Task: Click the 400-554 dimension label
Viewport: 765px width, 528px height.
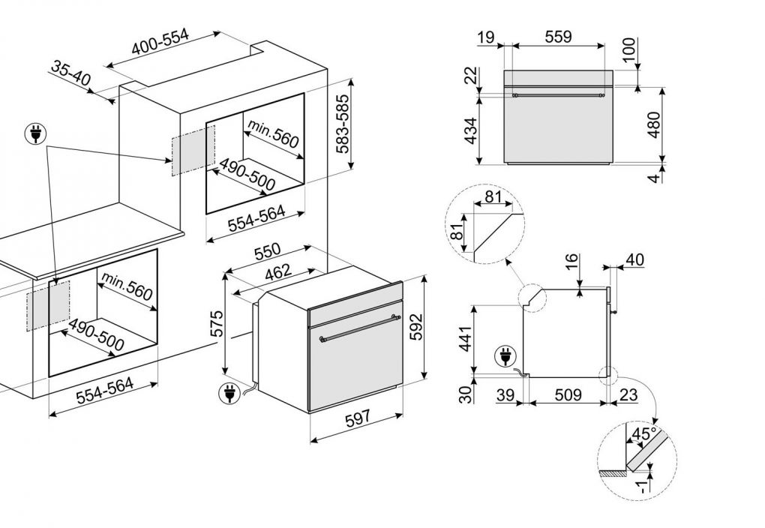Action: tap(160, 46)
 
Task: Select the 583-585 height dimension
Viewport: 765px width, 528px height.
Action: tap(343, 124)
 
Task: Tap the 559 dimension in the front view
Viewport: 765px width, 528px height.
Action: tap(558, 36)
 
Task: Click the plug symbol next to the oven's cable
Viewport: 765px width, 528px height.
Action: tap(227, 391)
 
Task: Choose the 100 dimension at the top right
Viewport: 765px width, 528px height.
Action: tap(628, 49)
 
